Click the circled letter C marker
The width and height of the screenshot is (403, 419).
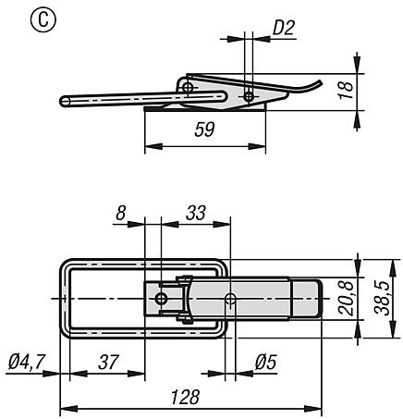tap(43, 20)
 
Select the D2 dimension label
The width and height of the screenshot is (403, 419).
tap(284, 28)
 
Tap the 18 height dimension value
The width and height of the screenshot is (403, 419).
tap(346, 90)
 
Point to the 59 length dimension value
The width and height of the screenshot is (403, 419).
tap(204, 129)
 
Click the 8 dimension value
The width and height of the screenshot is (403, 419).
tap(121, 213)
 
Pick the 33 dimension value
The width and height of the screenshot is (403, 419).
tap(196, 213)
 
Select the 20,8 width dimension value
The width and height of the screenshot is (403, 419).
tap(346, 298)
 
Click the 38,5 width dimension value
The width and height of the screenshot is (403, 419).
tap(382, 298)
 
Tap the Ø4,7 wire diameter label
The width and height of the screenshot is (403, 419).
tap(27, 362)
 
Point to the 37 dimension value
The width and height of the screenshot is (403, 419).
tap(108, 362)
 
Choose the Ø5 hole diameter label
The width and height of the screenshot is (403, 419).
tap(265, 362)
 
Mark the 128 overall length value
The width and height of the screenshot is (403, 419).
tap(186, 397)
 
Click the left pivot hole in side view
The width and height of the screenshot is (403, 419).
tap(188, 87)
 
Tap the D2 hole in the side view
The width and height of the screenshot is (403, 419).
tap(249, 97)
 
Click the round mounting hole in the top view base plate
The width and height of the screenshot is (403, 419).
tap(161, 299)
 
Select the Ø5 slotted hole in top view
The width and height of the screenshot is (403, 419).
tap(230, 299)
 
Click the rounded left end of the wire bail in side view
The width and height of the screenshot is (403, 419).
tap(64, 102)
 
